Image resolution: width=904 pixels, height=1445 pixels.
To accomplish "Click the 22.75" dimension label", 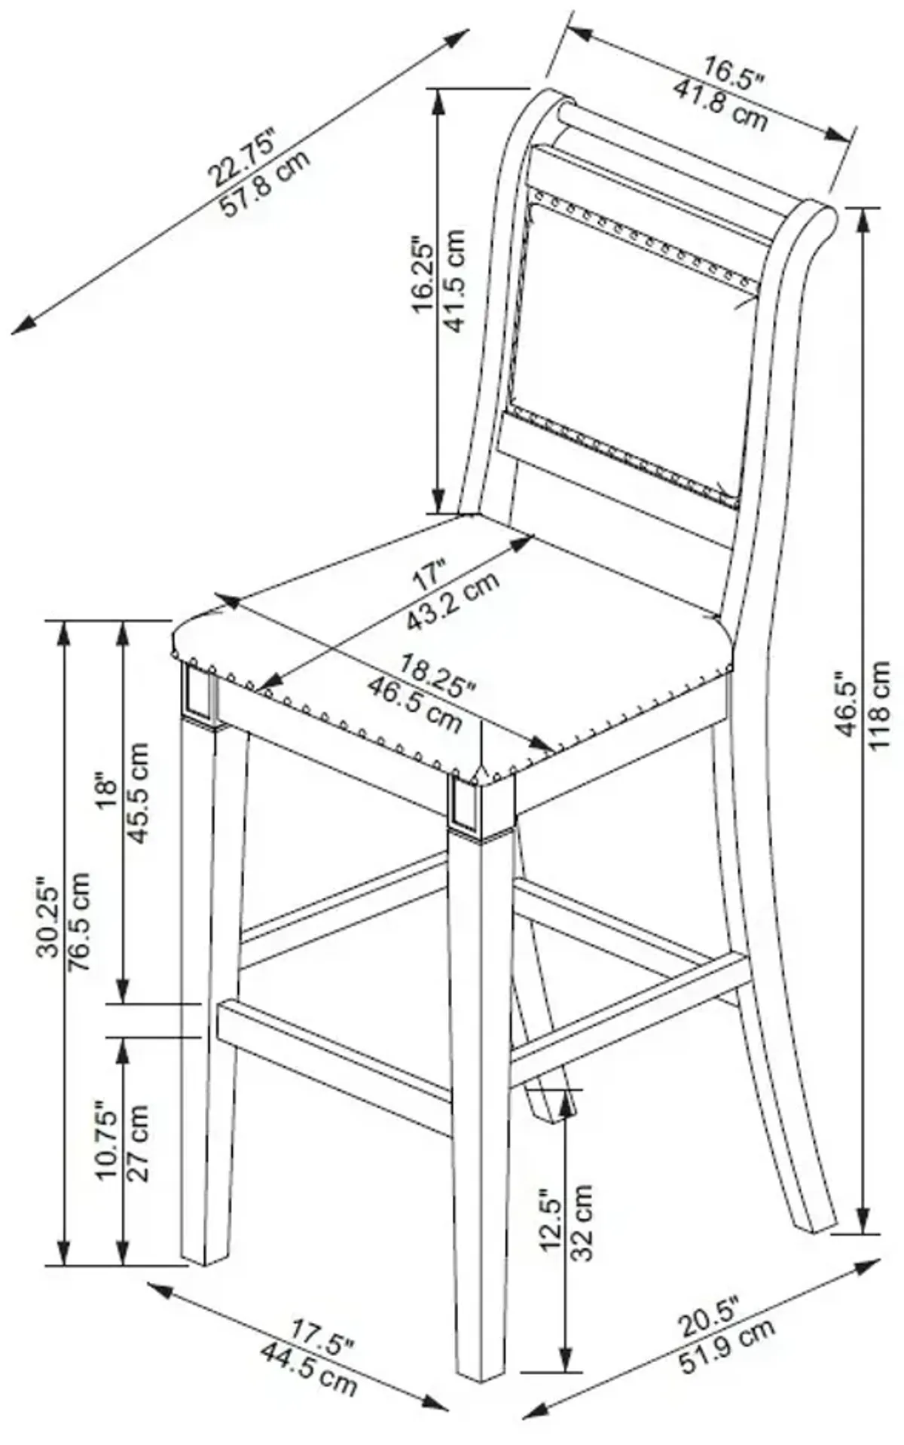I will click(x=243, y=156).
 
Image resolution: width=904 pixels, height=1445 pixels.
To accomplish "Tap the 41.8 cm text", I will click(x=721, y=105).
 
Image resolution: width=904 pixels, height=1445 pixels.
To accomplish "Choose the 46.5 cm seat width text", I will click(x=414, y=705).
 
